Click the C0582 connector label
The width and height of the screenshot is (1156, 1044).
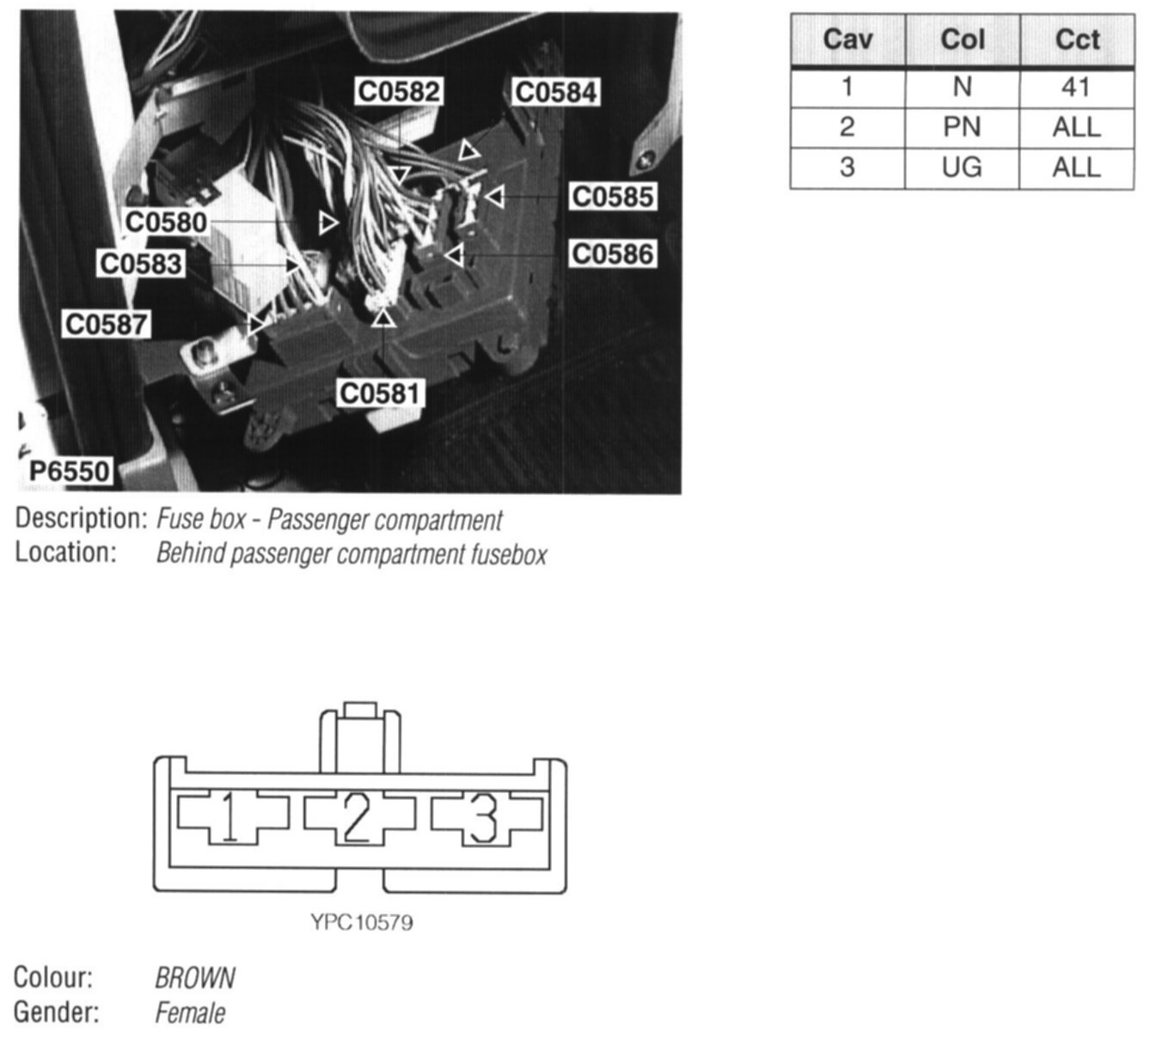tap(399, 92)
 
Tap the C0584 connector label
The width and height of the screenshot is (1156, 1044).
tap(555, 92)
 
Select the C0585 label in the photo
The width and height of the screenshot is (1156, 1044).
tap(613, 197)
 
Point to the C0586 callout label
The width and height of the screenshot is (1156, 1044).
tap(613, 254)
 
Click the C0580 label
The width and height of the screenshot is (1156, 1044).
tap(167, 223)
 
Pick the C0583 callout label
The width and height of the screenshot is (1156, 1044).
tap(141, 263)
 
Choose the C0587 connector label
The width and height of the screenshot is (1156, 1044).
tap(107, 325)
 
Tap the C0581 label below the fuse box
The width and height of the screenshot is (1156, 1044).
tap(381, 394)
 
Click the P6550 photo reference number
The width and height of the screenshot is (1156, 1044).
tap(70, 471)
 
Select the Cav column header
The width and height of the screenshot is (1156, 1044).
tap(847, 40)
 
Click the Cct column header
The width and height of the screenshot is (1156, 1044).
tap(1076, 40)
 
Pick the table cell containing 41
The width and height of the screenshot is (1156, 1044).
tap(1076, 87)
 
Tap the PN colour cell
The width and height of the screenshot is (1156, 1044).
tap(962, 127)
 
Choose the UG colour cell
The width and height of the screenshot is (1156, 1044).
tap(962, 167)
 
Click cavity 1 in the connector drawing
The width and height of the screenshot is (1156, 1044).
tap(230, 816)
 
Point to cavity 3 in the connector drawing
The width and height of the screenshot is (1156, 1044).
tap(485, 816)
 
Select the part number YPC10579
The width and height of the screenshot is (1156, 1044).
tap(362, 923)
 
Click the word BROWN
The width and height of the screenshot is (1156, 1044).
tap(195, 978)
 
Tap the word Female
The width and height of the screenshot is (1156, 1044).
tap(190, 1013)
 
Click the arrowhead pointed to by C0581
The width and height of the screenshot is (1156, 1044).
tap(384, 318)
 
